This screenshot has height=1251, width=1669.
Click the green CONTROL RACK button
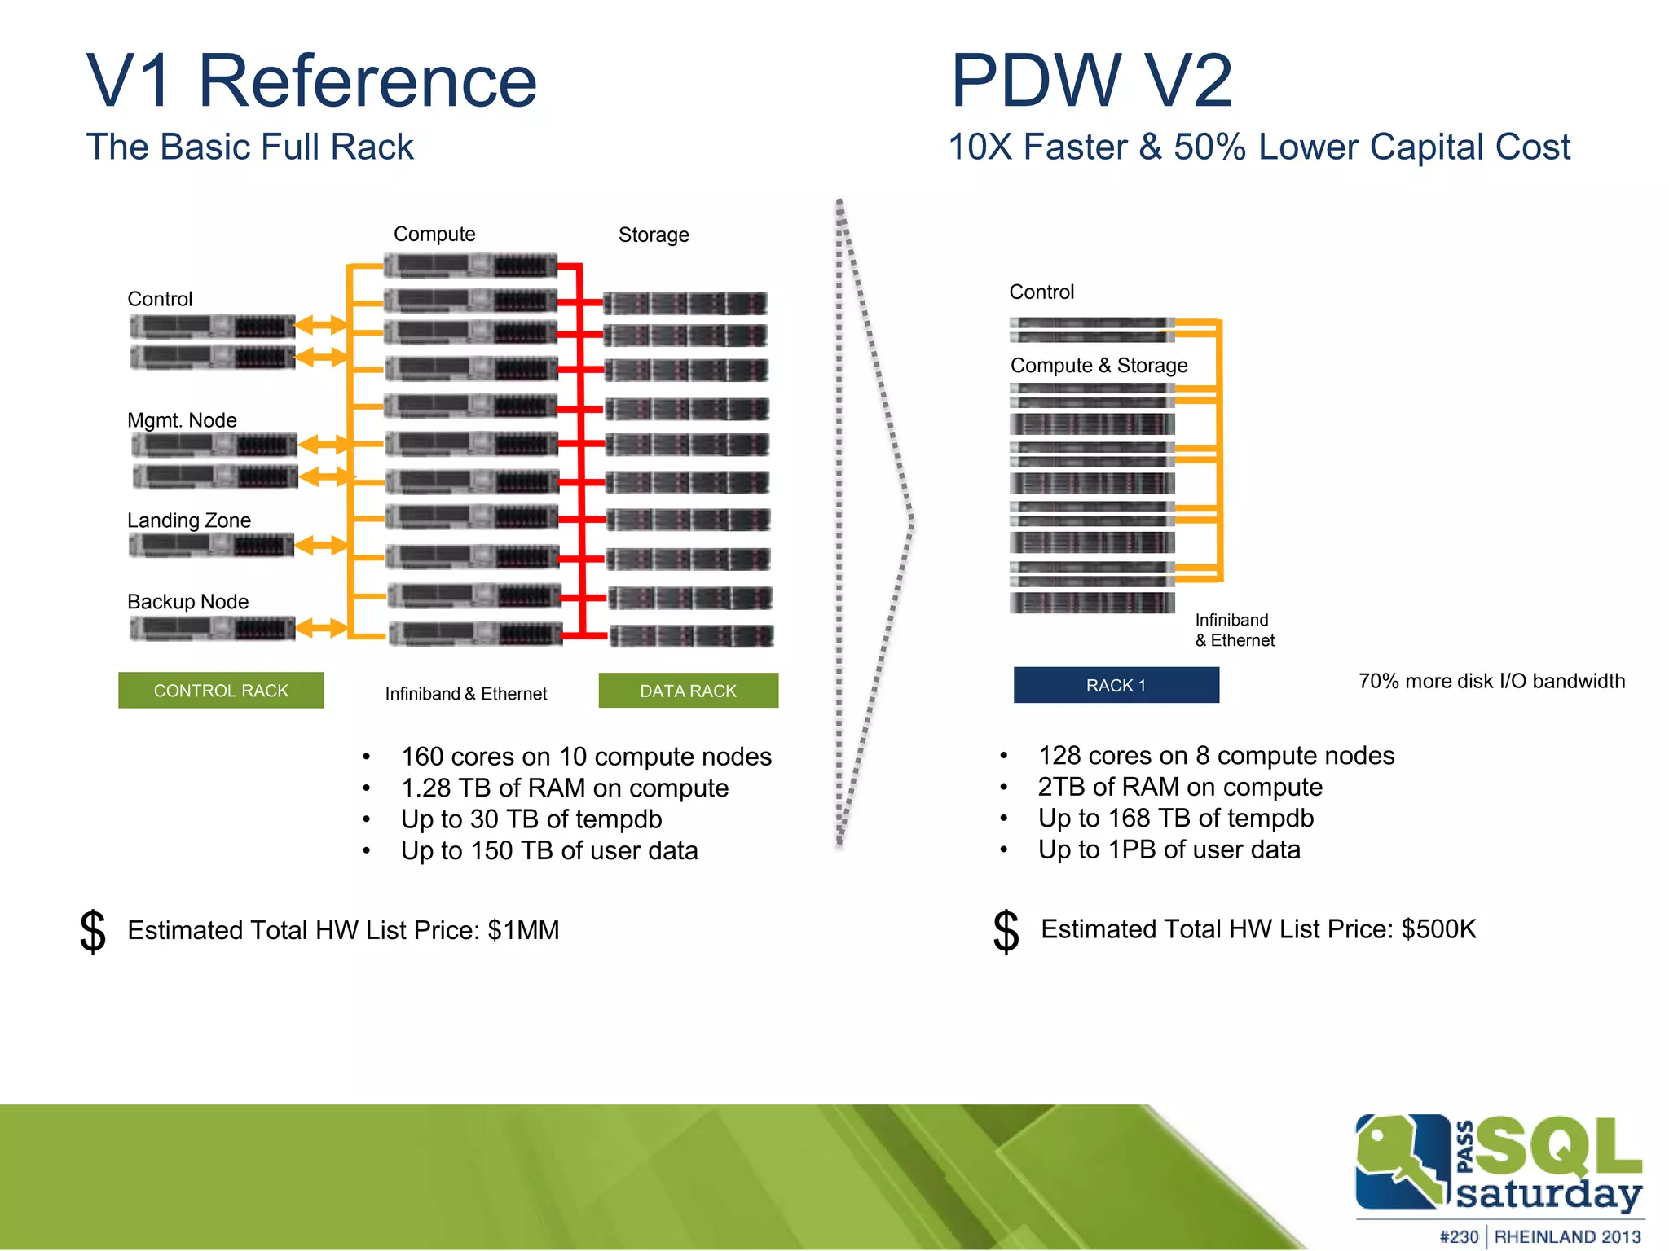click(221, 690)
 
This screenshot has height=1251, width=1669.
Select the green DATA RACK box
click(688, 691)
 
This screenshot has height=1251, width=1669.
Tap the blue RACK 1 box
click(1116, 685)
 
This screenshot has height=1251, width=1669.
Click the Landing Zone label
click(189, 520)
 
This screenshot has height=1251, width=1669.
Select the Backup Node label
click(188, 602)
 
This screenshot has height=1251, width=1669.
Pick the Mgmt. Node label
click(182, 420)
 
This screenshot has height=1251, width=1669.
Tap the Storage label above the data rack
click(654, 235)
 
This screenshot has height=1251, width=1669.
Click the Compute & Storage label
click(1099, 366)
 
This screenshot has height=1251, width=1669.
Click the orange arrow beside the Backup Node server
click(321, 628)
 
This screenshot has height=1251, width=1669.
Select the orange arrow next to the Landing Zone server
click(321, 546)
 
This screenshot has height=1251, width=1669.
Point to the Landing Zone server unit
click(212, 546)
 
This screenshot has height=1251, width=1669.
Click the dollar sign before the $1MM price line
click(93, 931)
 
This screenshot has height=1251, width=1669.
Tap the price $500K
click(1438, 929)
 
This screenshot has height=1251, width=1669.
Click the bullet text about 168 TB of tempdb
click(1175, 818)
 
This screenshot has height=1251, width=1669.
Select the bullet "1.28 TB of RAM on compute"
click(564, 788)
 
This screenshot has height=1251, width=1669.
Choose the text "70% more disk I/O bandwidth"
click(1491, 681)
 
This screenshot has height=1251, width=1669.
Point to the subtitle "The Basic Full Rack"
click(250, 147)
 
